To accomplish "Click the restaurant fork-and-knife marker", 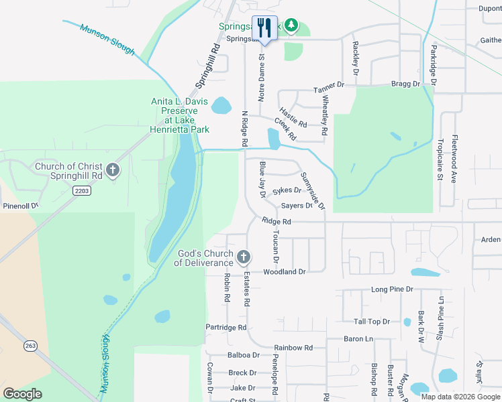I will [x=264, y=28].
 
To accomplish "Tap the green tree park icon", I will [x=291, y=25].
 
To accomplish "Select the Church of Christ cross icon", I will [x=113, y=170].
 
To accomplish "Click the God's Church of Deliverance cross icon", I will [x=243, y=257].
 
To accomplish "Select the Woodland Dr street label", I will [x=284, y=272].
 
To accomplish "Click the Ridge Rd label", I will [x=277, y=221].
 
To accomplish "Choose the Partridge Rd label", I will [x=227, y=328].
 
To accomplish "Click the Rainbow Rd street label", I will [x=293, y=348].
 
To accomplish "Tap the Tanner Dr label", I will [x=328, y=85].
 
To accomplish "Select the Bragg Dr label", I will [x=405, y=84].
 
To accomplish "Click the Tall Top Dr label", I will [x=372, y=322].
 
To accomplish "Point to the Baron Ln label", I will [x=358, y=339].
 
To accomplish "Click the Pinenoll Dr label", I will [x=21, y=206].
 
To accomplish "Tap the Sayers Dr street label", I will [x=297, y=206].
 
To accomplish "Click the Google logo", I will [x=23, y=394].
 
